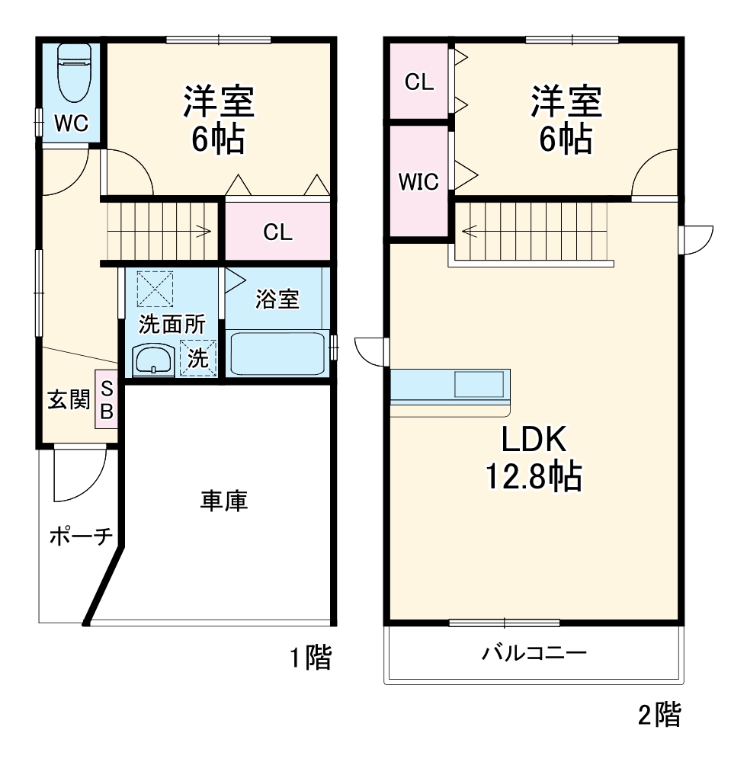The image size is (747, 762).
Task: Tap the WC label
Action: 72,123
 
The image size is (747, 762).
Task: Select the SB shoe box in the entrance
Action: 106,399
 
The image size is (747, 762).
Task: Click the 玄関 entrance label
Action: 69,399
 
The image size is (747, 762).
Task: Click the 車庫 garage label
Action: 224,501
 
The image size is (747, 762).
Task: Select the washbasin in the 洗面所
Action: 154,360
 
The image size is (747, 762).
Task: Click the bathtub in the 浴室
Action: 277,353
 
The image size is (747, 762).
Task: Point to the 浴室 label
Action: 277,299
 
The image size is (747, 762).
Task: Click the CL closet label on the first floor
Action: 277,232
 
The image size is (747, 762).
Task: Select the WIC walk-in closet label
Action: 418,182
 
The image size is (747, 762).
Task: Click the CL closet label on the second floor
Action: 418,82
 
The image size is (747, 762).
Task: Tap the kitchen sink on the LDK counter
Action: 479,383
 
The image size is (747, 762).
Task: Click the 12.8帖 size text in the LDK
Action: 534,478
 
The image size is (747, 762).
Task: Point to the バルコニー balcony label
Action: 534,653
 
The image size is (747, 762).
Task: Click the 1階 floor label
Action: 310,657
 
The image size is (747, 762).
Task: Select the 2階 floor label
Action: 659,714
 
